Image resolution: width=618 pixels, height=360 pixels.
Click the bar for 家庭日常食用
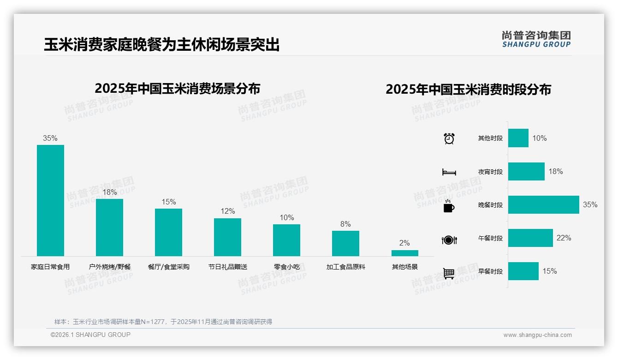50,200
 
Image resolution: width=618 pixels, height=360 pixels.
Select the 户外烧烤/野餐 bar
109,227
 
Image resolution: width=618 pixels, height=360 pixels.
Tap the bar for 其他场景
404,253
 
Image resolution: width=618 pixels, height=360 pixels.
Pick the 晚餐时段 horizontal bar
543,205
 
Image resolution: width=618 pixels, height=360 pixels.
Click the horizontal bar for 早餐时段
523,271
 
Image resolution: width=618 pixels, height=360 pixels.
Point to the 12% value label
227,211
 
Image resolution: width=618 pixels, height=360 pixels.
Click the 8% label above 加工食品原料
345,224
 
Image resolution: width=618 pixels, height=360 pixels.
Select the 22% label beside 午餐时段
564,238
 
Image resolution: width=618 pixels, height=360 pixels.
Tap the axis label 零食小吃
286,267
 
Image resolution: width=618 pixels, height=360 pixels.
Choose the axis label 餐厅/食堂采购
168,267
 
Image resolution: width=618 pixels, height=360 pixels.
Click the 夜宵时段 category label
490,172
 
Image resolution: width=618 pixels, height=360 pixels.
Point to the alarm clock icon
449,138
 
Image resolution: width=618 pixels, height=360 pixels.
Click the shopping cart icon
449,274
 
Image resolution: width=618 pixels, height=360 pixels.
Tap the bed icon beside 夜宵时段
449,172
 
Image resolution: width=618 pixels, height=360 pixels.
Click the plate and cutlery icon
449,240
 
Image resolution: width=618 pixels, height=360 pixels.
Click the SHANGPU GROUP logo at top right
536,39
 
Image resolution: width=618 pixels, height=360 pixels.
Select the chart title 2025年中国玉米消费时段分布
468,90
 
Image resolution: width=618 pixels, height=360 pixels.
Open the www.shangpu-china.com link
537,335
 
